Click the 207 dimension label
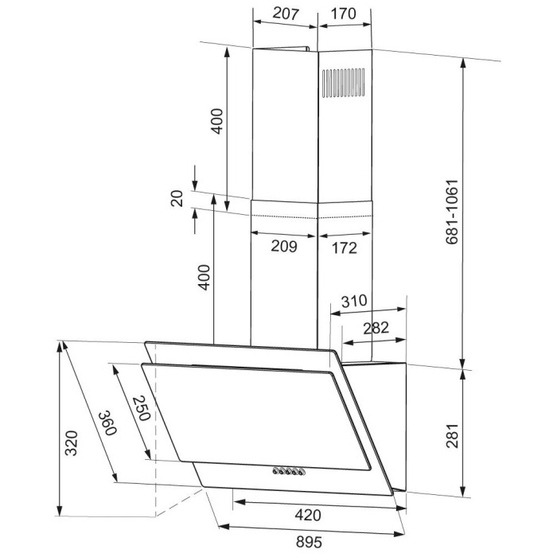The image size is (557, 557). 286,14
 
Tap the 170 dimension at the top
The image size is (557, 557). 343,14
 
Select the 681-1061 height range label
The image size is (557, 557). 452,212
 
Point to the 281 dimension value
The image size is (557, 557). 453,435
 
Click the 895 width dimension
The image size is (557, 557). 309,542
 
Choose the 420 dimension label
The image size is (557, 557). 308,515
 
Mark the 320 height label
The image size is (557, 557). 71,443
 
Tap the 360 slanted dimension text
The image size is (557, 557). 107,423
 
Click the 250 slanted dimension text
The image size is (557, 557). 141,408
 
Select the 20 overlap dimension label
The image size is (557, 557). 177,199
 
